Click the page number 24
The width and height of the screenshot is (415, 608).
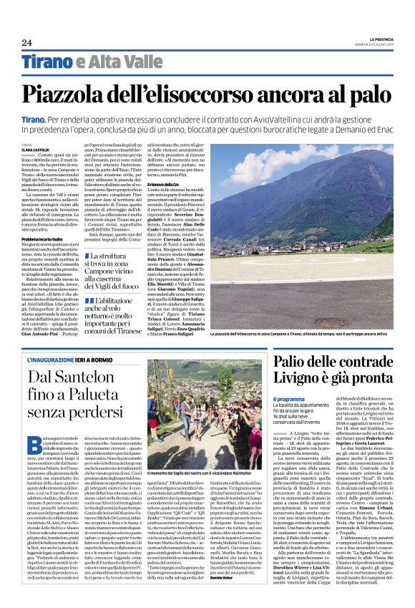pyautogui.click(x=26, y=44)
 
